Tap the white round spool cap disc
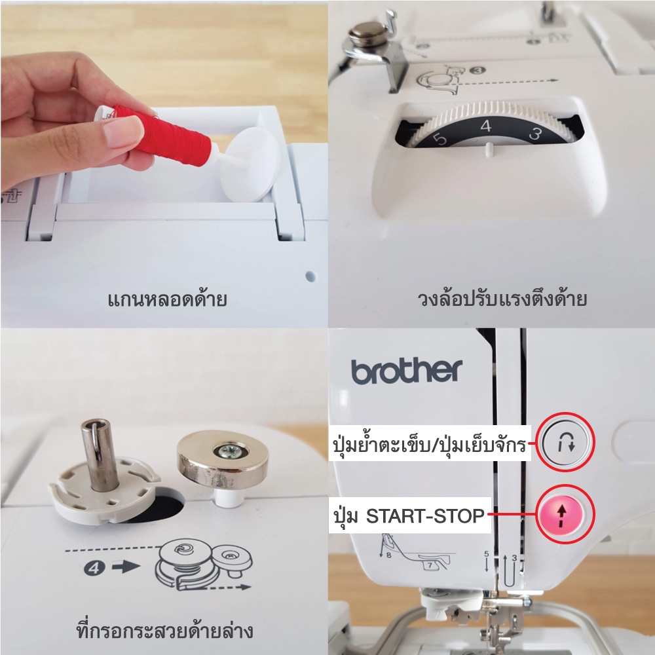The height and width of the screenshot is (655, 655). click(249, 164)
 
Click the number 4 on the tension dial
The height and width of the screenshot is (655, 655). click(486, 126)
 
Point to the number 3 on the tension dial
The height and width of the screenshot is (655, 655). click(535, 133)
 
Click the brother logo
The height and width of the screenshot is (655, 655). click(407, 371)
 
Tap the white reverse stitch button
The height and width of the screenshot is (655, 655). click(565, 442)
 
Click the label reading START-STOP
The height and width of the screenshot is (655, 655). click(425, 516)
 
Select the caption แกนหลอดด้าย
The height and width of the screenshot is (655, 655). click(167, 299)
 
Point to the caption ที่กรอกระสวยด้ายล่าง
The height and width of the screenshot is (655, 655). click(164, 630)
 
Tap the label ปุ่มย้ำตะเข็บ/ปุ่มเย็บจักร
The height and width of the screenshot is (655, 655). click(429, 443)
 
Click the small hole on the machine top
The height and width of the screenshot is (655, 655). click(310, 276)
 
